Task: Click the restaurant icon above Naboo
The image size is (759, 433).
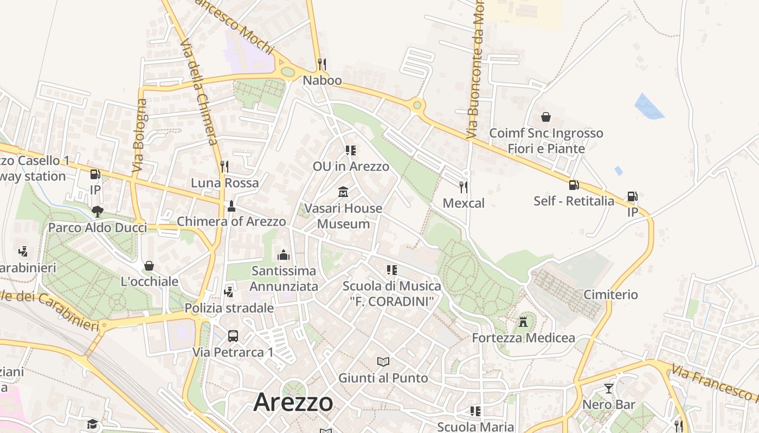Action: tap(322, 64)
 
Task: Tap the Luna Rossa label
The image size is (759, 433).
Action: tap(224, 183)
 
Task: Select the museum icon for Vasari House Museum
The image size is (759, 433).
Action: tap(343, 192)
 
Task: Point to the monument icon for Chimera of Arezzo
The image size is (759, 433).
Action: tap(231, 206)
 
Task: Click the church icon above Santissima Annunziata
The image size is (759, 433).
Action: tap(283, 254)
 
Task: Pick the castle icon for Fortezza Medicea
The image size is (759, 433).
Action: tap(523, 322)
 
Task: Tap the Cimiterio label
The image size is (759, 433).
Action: tap(610, 294)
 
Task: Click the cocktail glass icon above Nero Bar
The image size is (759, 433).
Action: tap(609, 388)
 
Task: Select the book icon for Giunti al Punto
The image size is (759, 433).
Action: tap(383, 362)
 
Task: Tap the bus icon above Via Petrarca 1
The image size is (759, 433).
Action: tap(233, 336)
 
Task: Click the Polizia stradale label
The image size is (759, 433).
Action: tap(229, 308)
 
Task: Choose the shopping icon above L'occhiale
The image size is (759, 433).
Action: tap(149, 266)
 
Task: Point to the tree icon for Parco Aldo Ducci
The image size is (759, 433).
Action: tap(98, 211)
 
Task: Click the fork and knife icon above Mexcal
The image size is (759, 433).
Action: tap(463, 187)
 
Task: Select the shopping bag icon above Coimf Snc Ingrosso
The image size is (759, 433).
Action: tap(546, 117)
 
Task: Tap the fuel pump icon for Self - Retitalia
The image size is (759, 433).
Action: tap(574, 185)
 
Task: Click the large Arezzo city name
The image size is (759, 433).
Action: tap(293, 402)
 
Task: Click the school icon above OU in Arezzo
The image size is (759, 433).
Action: tap(351, 150)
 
